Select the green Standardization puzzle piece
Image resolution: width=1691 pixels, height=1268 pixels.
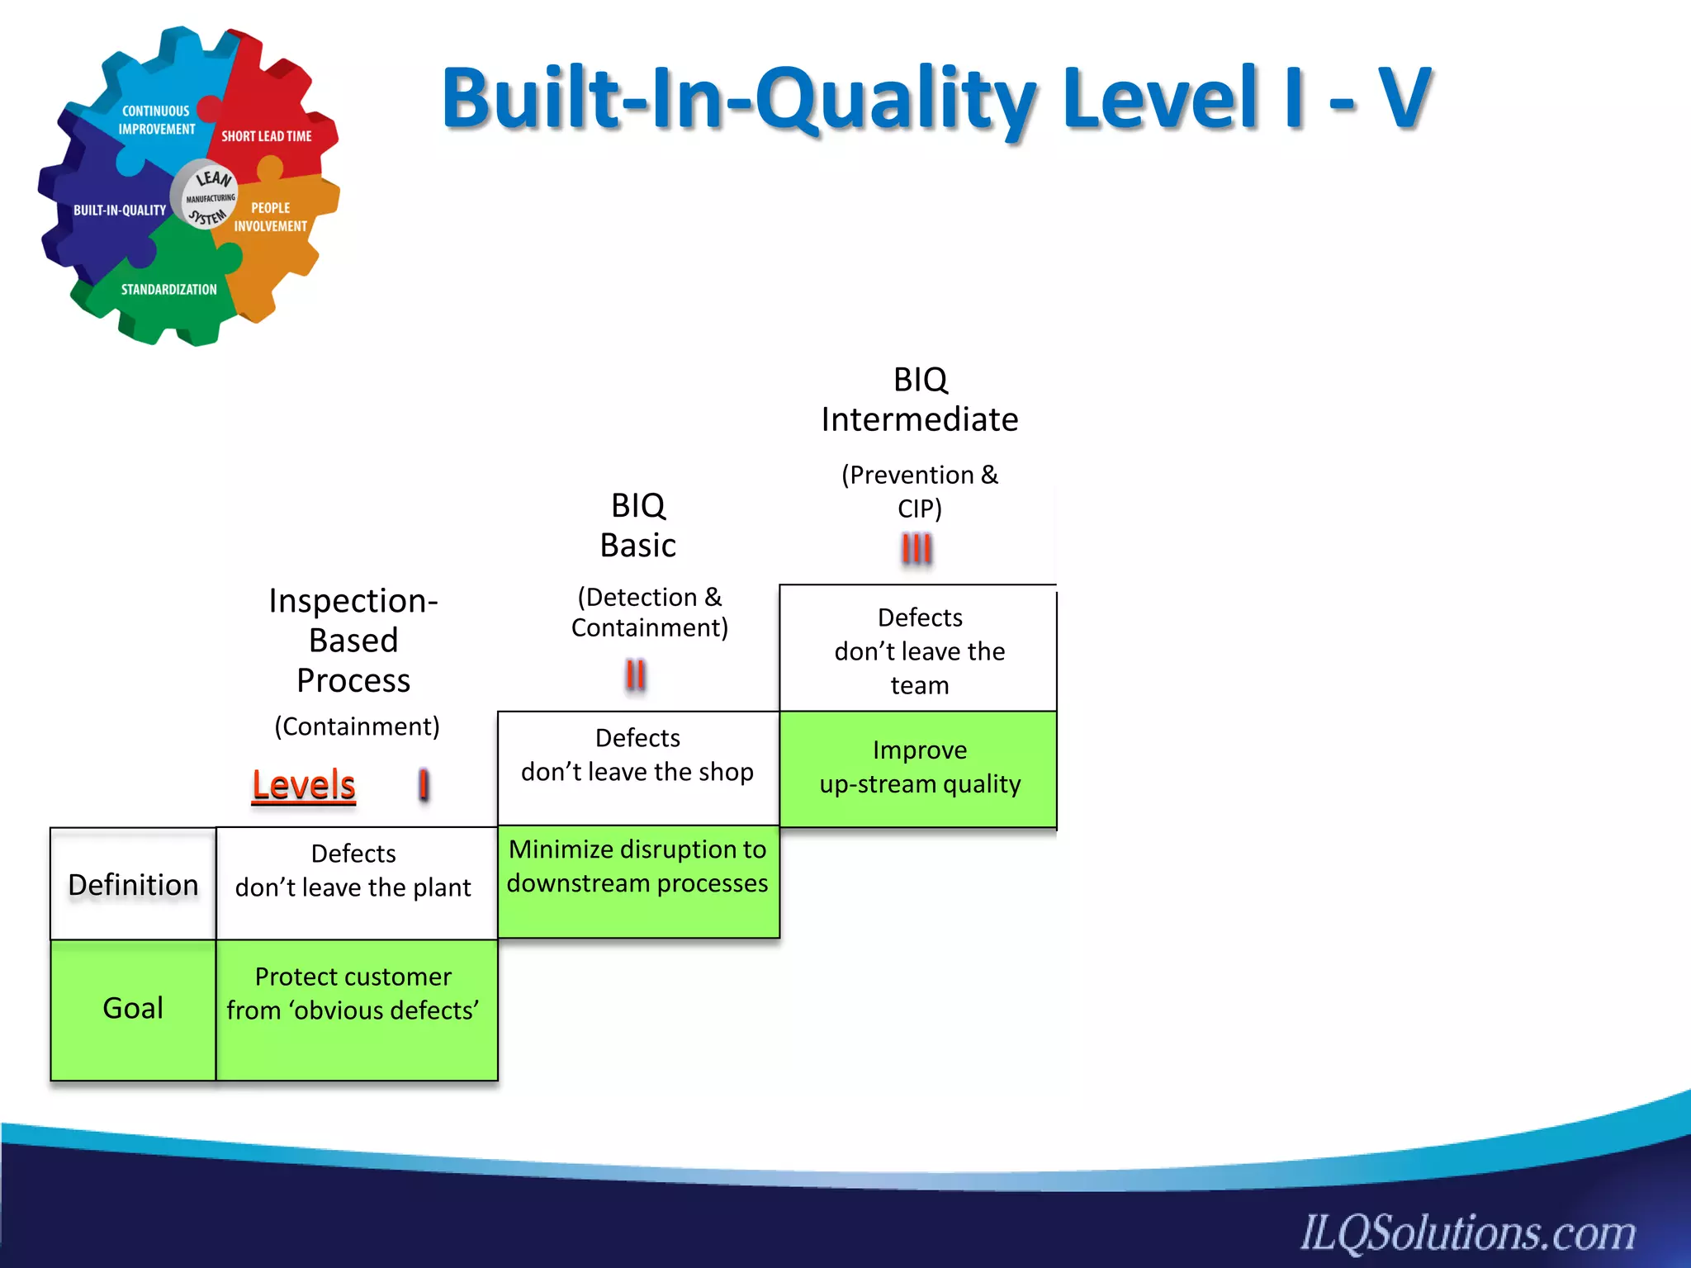coord(168,293)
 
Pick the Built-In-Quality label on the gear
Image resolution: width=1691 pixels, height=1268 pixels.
coord(120,211)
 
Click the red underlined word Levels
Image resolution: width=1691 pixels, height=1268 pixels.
coord(303,785)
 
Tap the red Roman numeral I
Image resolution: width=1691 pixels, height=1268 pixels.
coord(424,785)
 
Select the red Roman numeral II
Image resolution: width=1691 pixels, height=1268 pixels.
coord(635,675)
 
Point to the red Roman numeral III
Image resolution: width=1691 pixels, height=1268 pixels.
coord(917,548)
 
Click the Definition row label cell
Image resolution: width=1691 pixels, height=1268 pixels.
coord(133,884)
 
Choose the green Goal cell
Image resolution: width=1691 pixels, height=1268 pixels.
coord(133,1009)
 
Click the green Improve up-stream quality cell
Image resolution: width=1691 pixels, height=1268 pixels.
coord(919,769)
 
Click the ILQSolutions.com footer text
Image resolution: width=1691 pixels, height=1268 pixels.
coord(1467,1232)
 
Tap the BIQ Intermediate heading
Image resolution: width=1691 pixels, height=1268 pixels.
coord(919,400)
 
